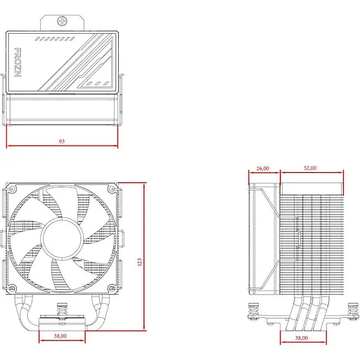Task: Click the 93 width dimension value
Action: tap(62, 141)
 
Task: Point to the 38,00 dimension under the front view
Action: tap(60, 337)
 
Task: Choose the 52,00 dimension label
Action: tap(309, 169)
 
